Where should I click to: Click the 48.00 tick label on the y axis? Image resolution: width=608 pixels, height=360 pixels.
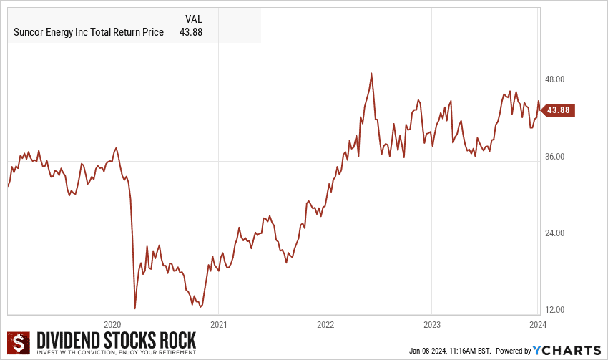pos(556,79)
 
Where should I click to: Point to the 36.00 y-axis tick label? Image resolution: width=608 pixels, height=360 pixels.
pos(556,157)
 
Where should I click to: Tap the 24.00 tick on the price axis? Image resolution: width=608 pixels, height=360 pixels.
pos(556,233)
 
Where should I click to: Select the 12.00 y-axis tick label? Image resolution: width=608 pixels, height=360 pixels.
pos(556,310)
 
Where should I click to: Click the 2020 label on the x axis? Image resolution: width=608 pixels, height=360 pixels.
pos(112,323)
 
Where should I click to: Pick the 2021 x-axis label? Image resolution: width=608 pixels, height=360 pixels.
pos(219,323)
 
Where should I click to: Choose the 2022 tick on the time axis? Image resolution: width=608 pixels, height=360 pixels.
pos(325,323)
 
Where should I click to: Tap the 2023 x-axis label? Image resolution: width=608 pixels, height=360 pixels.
pos(431,323)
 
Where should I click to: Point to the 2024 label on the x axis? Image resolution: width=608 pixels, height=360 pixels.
pos(537,323)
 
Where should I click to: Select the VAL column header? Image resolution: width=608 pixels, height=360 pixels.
pos(195,20)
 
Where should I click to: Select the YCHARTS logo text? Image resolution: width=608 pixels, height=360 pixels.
pos(567,350)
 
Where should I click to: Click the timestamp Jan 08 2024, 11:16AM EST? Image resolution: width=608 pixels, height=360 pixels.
pos(448,351)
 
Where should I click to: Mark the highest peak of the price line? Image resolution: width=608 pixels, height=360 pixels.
pos(371,73)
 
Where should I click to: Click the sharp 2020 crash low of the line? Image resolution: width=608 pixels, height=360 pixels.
pos(134,308)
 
